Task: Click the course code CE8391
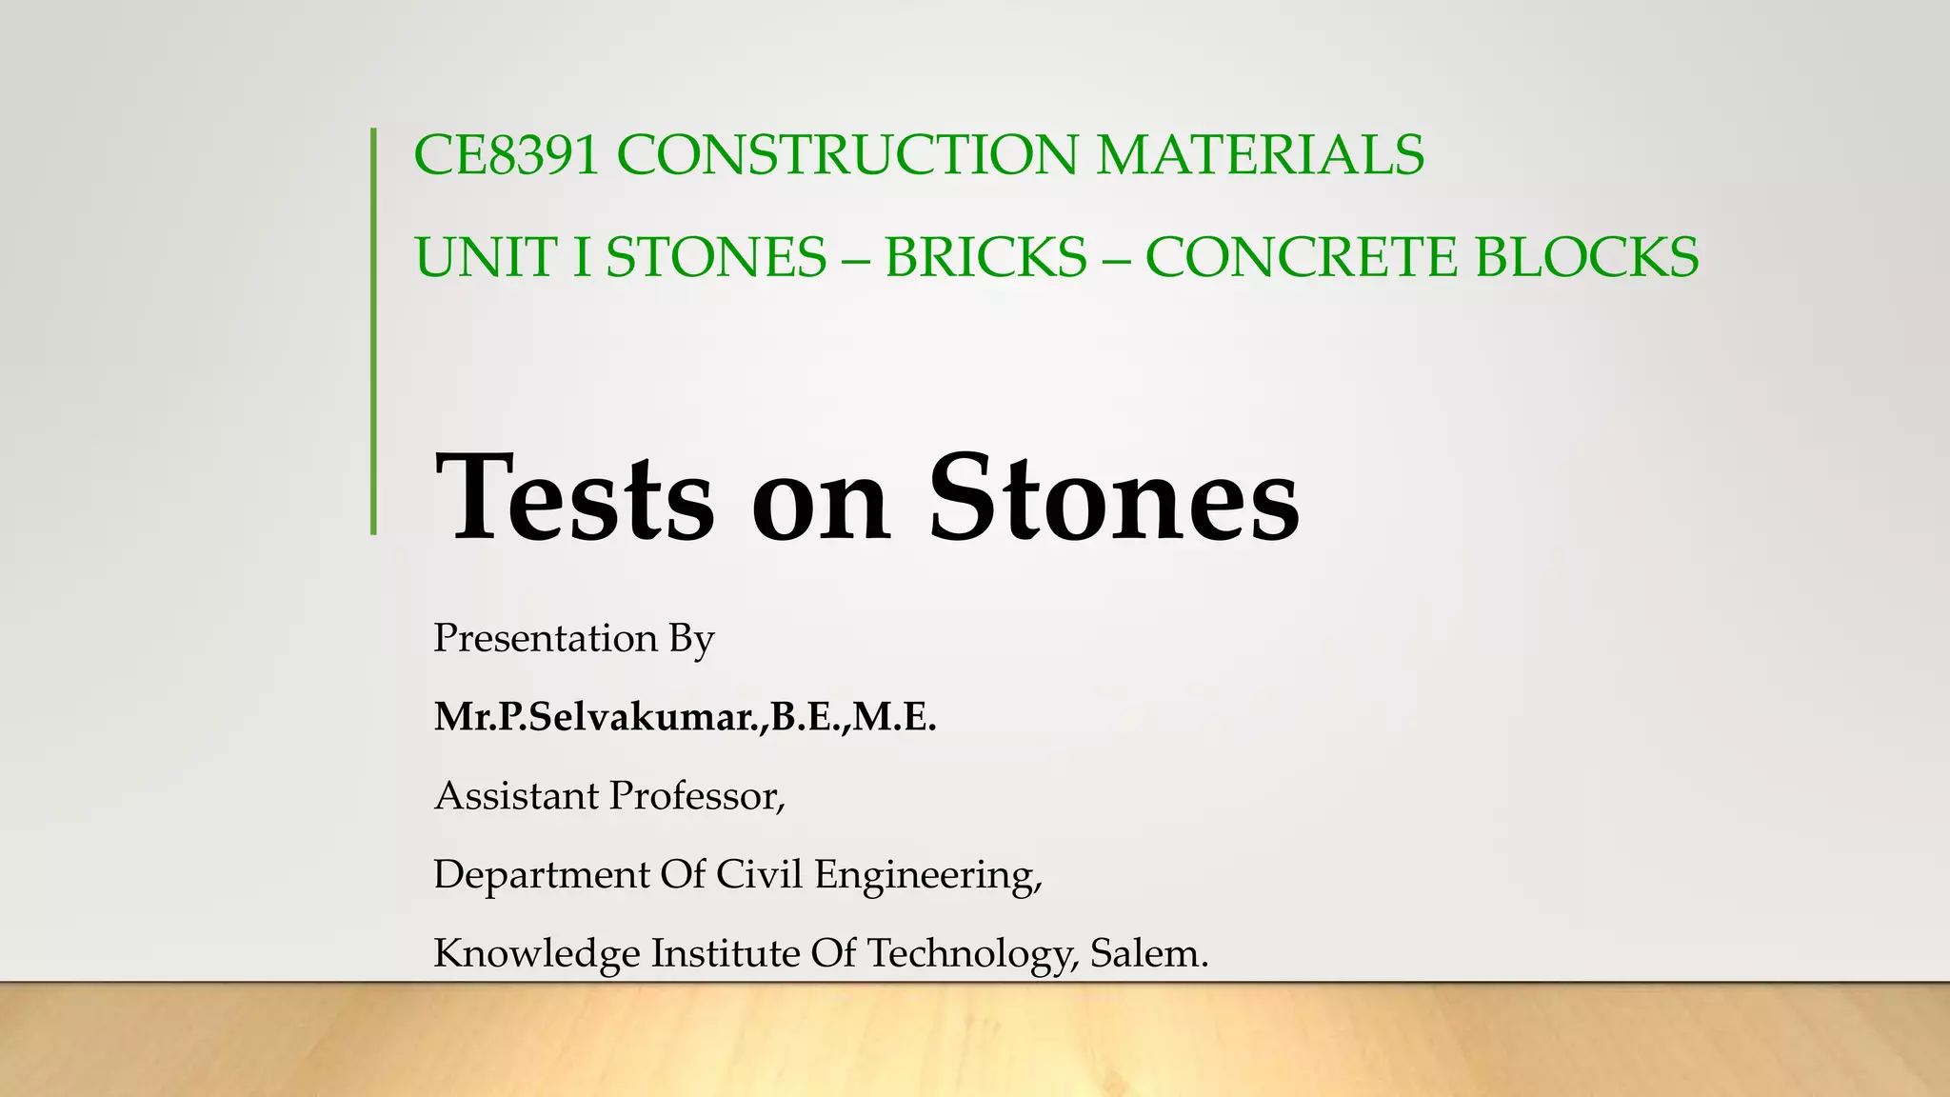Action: pyautogui.click(x=506, y=155)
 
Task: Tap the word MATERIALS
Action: pyautogui.click(x=1260, y=155)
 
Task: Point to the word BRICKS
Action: pyautogui.click(x=985, y=258)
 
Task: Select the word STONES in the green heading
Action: pyautogui.click(x=716, y=258)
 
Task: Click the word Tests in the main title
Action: pyautogui.click(x=573, y=499)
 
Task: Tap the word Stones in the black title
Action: pyautogui.click(x=1114, y=499)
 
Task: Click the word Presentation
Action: pyautogui.click(x=545, y=638)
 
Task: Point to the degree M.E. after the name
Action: pyautogui.click(x=895, y=717)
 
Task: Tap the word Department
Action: pyautogui.click(x=540, y=875)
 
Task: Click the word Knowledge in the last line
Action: pyautogui.click(x=536, y=953)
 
